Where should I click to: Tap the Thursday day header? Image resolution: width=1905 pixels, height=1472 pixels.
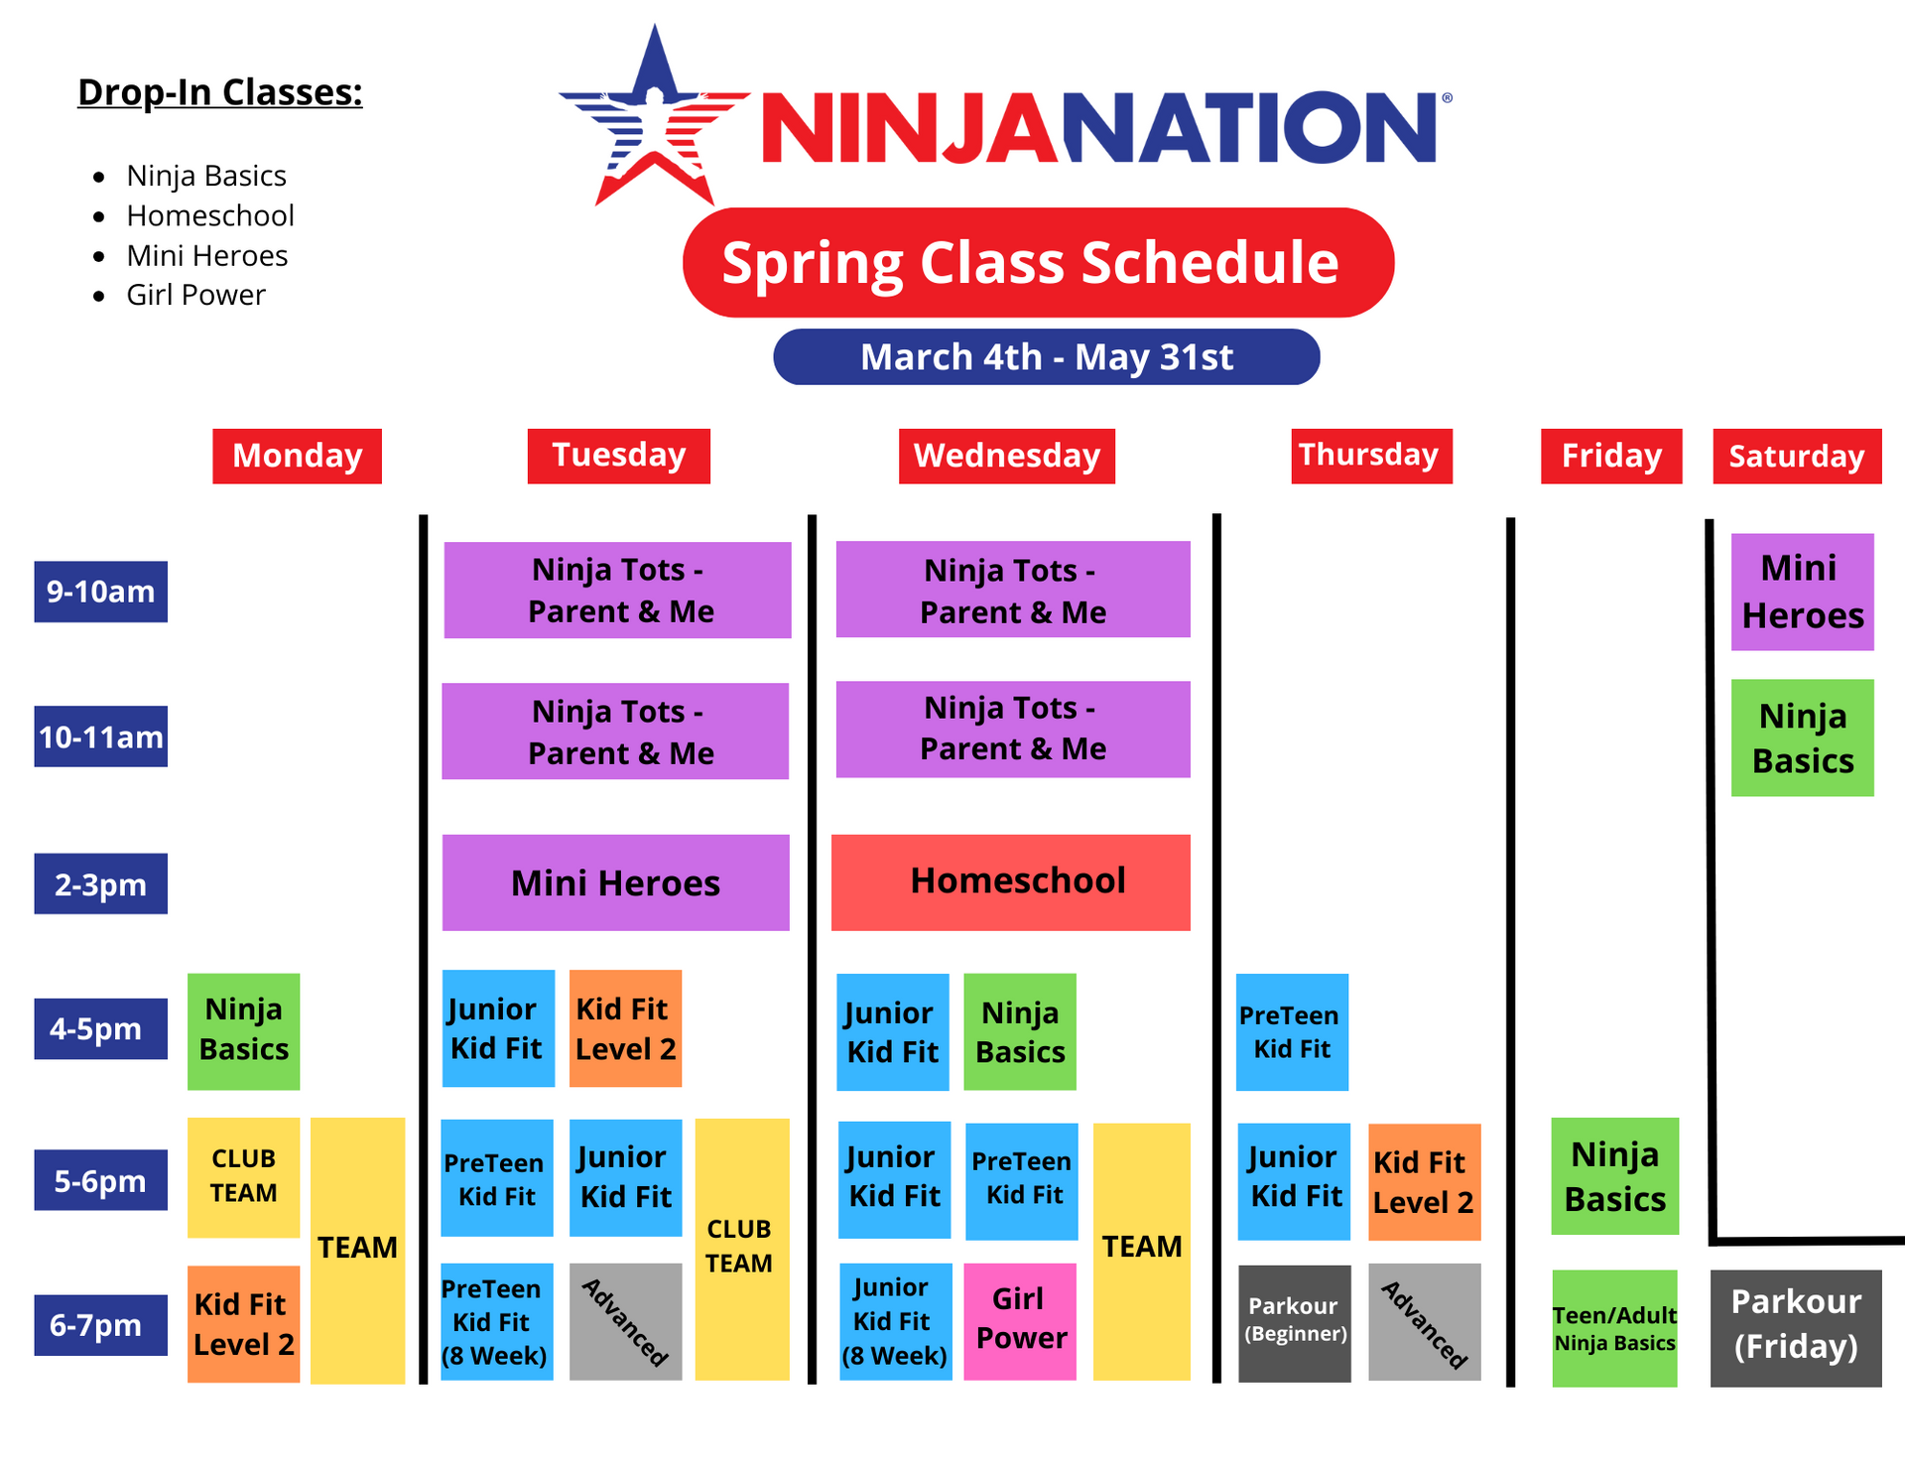point(1370,456)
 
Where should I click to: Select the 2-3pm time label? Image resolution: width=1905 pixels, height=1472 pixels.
point(100,883)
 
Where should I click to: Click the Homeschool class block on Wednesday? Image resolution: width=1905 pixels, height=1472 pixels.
point(1010,881)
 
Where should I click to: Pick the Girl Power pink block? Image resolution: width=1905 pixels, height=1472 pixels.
point(1020,1320)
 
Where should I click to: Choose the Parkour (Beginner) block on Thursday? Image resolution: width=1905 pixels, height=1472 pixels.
point(1294,1322)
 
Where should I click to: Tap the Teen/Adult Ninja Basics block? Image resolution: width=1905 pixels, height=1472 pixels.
point(1614,1328)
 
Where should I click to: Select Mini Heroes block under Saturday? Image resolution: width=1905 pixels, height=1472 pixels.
point(1802,592)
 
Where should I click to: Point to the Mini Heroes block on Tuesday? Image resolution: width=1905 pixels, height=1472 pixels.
point(615,882)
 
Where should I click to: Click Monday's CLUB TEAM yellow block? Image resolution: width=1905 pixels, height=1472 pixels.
point(243,1176)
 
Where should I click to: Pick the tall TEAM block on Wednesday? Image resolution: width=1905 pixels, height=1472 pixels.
point(1141,1250)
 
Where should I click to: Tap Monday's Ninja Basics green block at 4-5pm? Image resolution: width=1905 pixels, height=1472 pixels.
point(243,1030)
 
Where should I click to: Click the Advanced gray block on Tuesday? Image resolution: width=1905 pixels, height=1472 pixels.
point(625,1320)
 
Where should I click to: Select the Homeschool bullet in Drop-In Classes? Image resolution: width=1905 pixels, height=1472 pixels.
point(209,215)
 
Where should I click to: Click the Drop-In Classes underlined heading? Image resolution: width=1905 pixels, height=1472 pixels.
point(219,92)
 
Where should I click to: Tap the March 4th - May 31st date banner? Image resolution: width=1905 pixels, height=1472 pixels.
point(1046,356)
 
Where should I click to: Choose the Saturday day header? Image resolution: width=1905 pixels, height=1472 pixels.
point(1796,456)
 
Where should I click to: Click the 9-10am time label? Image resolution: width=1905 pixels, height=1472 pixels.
point(100,592)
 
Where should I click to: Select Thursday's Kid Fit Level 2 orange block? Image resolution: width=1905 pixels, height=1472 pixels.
point(1424,1181)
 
